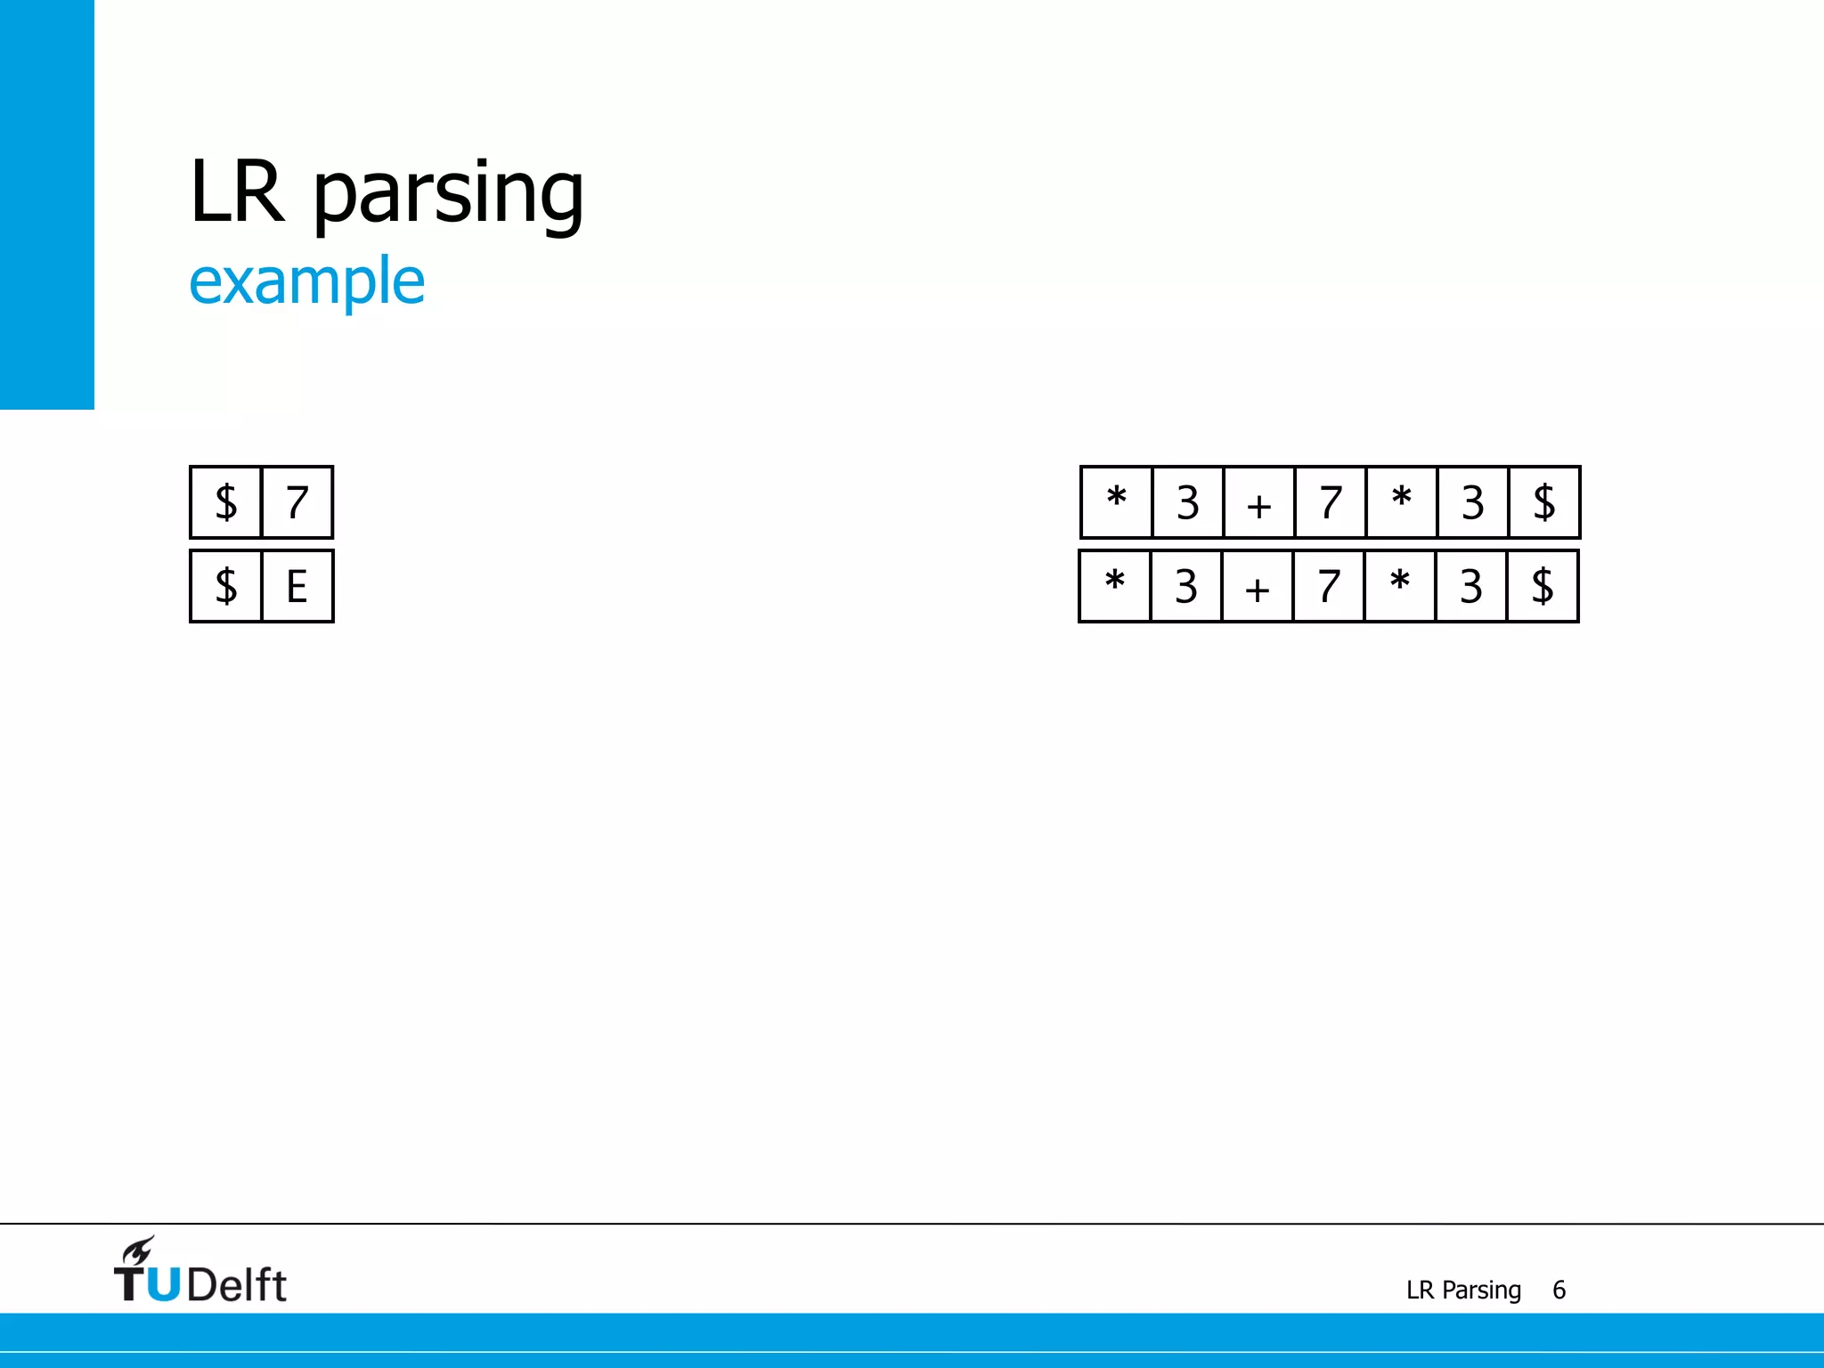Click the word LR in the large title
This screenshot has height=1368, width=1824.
coord(238,191)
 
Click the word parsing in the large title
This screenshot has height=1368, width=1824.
coord(449,196)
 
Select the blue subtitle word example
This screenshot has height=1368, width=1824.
coord(307,282)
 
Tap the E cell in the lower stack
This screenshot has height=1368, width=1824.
coord(297,586)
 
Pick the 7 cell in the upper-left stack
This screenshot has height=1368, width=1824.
coord(297,502)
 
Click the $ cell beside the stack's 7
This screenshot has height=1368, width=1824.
coord(226,502)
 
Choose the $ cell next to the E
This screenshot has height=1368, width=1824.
coord(226,586)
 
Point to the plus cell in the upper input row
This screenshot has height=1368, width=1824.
coord(1258,503)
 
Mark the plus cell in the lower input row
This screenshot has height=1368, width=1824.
coord(1257,587)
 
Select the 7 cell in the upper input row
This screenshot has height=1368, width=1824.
coord(1330,503)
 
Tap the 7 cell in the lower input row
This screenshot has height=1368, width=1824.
coord(1328,587)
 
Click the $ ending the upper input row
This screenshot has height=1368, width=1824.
coord(1543,503)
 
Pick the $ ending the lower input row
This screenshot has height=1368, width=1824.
coord(1542,587)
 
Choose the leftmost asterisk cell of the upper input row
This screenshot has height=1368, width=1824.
coord(1116,503)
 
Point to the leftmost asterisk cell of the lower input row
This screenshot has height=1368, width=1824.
coord(1114,587)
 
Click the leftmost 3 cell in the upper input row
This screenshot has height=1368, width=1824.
coord(1187,503)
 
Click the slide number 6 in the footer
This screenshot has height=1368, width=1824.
coord(1559,1290)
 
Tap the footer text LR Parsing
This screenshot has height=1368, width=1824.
coord(1463,1290)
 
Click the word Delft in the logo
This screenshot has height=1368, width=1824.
coord(237,1285)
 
